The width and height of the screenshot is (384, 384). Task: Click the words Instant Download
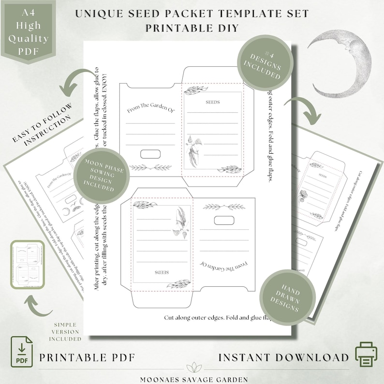283,357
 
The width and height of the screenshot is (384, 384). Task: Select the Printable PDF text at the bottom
87,357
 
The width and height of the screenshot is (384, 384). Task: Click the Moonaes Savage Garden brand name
192,380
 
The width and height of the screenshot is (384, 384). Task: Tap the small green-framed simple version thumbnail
27,265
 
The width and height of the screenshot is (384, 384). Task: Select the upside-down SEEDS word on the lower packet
161,273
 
